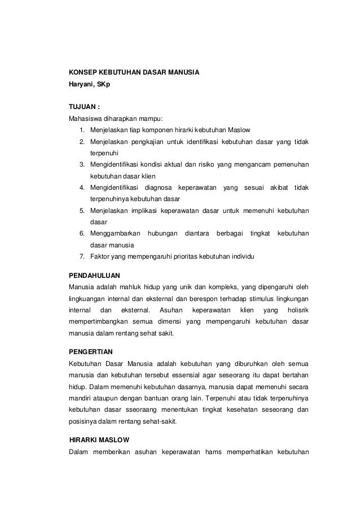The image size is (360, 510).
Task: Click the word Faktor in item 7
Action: pyautogui.click(x=100, y=257)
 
